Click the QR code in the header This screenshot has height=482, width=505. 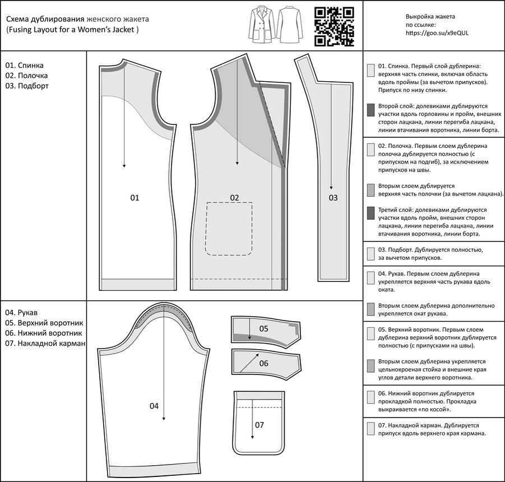333,26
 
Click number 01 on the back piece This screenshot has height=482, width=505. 135,198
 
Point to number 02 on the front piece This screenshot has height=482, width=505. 234,198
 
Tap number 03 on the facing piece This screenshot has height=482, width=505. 333,198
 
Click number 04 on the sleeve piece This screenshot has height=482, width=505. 154,406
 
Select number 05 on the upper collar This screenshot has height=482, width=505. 263,328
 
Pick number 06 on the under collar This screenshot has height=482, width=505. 263,363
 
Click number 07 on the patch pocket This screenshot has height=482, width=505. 259,425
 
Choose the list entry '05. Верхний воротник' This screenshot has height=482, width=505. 44,323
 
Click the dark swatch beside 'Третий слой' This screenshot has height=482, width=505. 370,213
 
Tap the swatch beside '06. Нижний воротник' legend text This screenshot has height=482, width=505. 370,397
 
